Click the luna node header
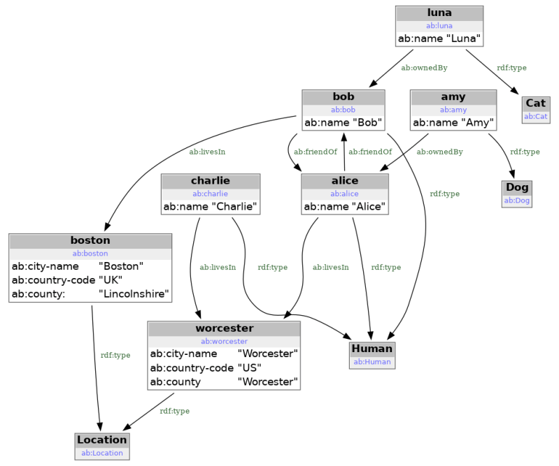point(439,13)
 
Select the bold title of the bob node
point(344,96)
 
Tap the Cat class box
point(535,109)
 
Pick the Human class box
point(372,355)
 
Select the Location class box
point(102,446)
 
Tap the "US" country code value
point(249,367)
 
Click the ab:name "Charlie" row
point(211,207)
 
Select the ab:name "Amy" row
point(453,123)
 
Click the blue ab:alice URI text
point(344,194)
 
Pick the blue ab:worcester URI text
point(224,341)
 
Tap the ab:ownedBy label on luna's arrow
point(424,68)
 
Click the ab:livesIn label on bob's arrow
point(207,151)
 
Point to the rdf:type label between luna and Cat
point(511,68)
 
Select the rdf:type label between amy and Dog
point(525,152)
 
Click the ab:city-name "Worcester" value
point(267,354)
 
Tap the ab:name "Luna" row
point(439,39)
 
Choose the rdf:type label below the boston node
point(115,355)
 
